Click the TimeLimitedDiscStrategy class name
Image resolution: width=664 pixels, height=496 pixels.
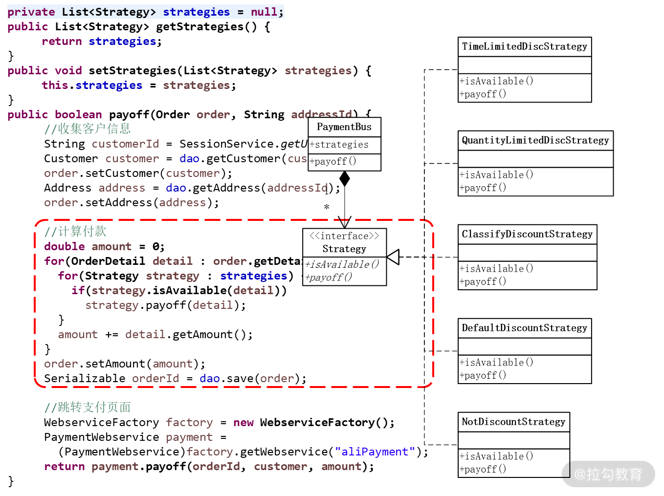point(524,47)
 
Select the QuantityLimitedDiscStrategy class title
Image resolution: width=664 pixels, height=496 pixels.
point(535,141)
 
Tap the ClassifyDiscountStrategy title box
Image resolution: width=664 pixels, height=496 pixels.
point(527,235)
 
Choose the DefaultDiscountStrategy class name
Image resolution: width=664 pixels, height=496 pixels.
point(524,328)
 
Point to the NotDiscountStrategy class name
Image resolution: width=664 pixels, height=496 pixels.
point(513,422)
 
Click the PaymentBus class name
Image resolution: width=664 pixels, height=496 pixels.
point(344,127)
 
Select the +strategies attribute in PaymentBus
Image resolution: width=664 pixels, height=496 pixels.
point(339,145)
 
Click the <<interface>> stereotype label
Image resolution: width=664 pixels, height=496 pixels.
point(344,236)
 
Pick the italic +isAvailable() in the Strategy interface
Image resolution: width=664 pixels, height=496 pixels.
point(342,264)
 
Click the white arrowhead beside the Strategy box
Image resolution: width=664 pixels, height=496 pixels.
point(393,257)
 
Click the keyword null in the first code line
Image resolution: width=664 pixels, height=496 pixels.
point(264,12)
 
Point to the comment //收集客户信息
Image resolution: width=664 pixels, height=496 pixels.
point(88,129)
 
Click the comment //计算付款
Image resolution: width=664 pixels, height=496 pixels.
point(75,232)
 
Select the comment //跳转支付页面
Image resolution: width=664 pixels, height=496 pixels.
point(88,408)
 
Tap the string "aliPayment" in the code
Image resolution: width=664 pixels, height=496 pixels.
point(375,452)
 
